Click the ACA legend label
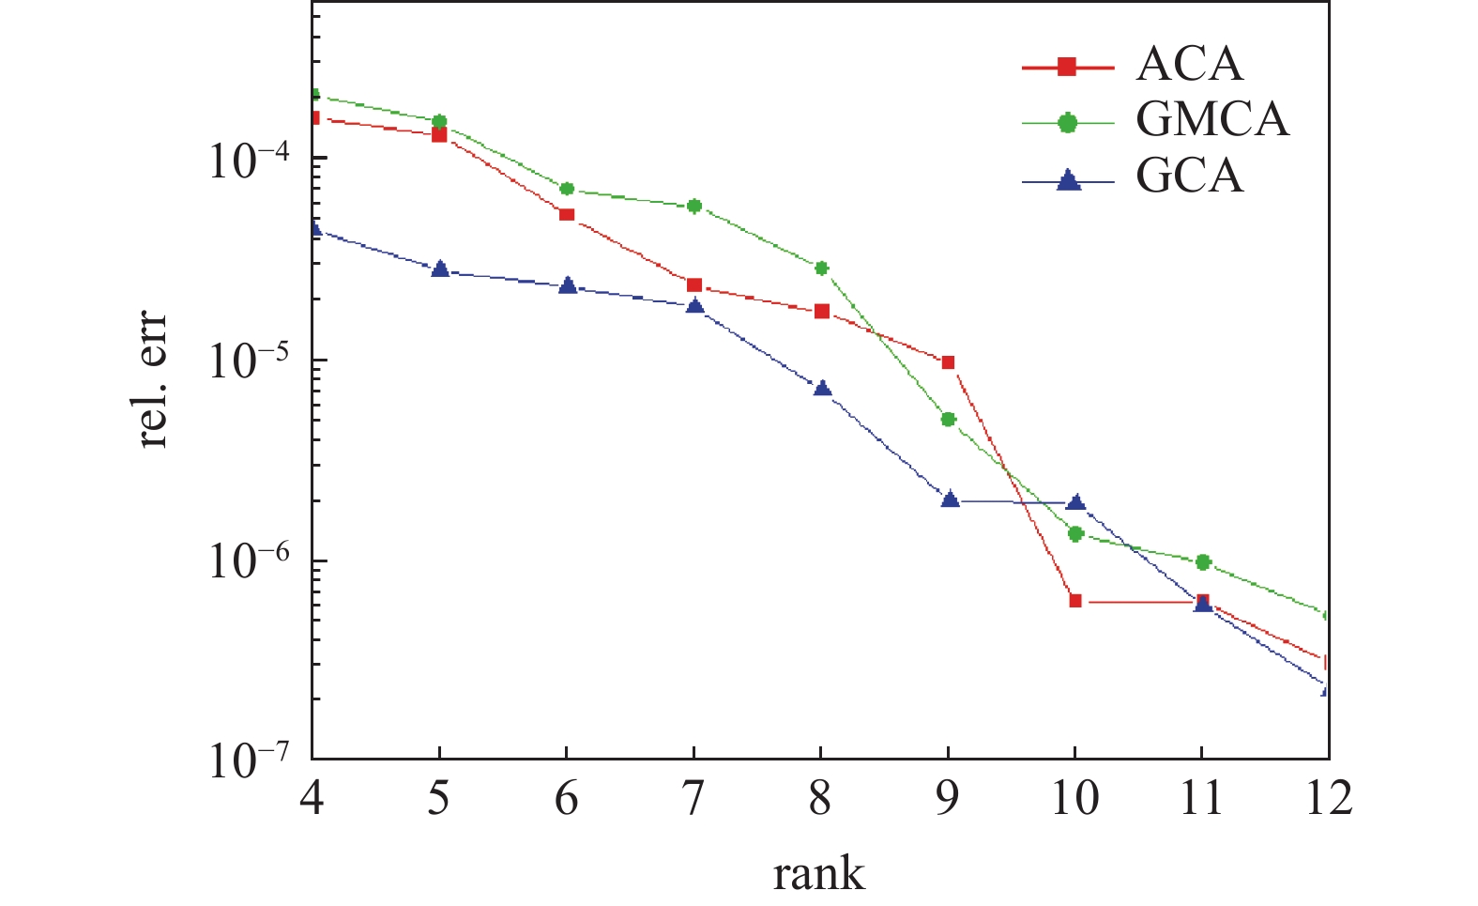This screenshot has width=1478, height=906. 1189,65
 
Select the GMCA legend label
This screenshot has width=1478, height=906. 1211,120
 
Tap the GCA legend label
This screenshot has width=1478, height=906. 1189,177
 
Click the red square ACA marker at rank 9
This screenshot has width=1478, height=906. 948,362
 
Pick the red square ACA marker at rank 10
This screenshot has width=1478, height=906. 1075,601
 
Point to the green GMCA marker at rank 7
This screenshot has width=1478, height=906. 694,206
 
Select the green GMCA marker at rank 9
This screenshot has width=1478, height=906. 948,419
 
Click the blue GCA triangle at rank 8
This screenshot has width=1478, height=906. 822,389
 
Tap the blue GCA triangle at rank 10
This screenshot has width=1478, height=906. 1076,502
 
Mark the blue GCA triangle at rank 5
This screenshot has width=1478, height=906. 440,269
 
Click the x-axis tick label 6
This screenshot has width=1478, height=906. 566,799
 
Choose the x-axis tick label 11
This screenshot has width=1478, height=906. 1201,799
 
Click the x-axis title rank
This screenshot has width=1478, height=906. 818,874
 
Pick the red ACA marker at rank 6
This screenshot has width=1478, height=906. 567,214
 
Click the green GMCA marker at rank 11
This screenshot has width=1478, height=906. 1203,561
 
